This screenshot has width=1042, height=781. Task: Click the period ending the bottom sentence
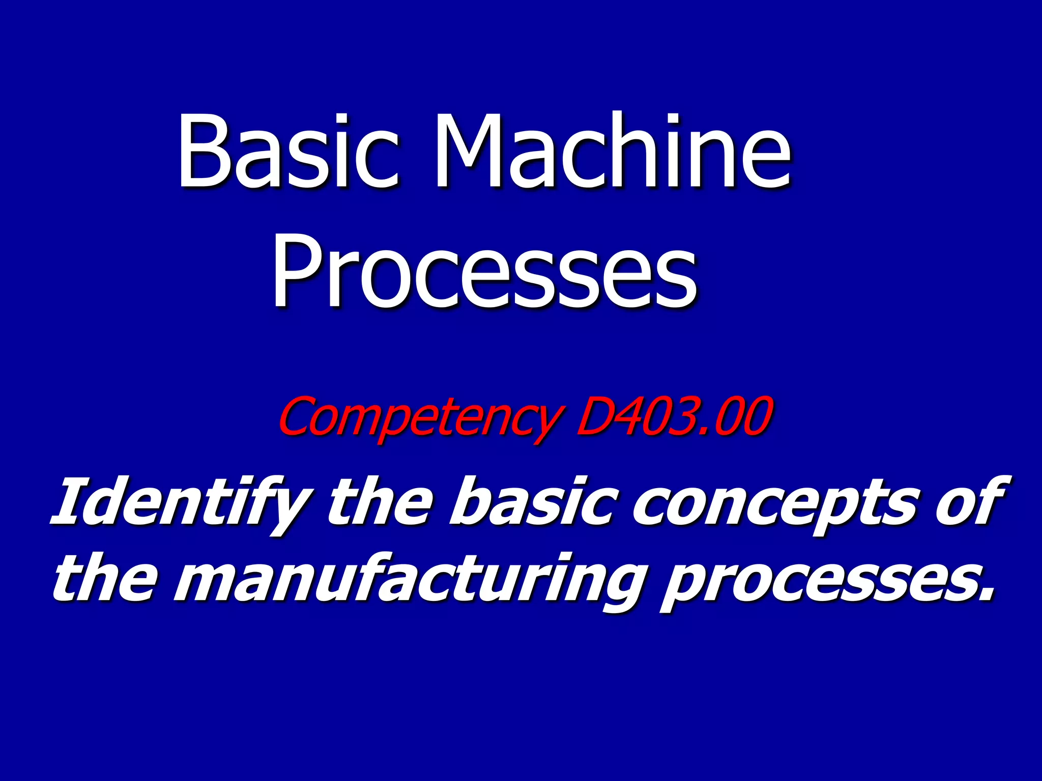(987, 594)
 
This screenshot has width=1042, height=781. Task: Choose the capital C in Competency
(295, 417)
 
